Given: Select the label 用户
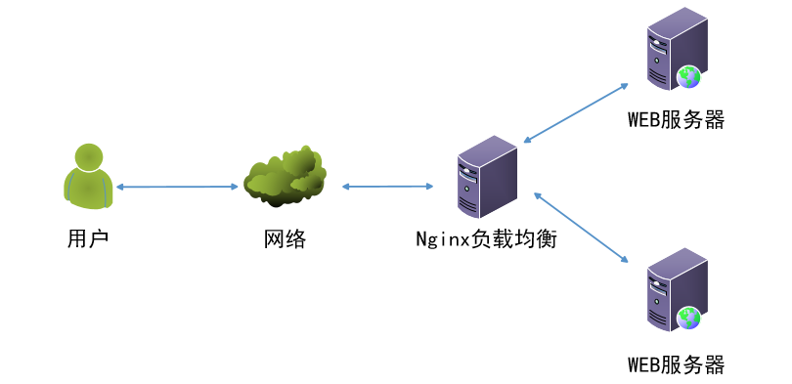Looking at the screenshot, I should click(88, 237).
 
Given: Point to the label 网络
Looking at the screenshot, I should click(286, 237).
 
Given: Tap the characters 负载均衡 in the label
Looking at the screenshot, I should click(515, 237).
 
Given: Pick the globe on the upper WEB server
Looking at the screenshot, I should click(689, 76).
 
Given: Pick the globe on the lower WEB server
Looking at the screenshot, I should click(689, 317).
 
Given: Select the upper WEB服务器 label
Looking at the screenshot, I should click(676, 120).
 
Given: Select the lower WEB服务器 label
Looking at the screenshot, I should click(676, 365).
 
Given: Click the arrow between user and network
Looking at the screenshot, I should click(177, 186).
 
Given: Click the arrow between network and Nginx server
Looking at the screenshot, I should click(387, 186).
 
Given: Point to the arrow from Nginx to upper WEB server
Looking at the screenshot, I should click(575, 113).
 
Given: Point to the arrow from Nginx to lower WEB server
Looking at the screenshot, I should click(579, 227).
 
